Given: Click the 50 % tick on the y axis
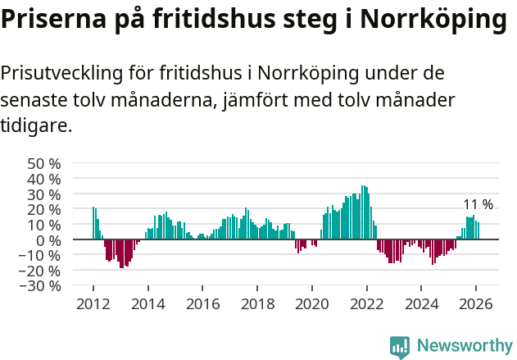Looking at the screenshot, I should tap(45, 163).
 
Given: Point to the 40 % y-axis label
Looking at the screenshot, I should tap(45, 179).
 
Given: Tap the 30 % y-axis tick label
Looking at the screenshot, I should tap(45, 194).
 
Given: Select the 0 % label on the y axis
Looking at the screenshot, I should tap(50, 240).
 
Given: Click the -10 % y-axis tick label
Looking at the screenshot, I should tap(42, 255).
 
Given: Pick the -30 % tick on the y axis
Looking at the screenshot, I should tap(42, 286).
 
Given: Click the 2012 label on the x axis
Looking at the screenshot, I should tap(93, 303).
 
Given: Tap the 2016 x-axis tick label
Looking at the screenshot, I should tap(202, 303).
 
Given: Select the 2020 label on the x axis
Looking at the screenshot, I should tap(312, 303).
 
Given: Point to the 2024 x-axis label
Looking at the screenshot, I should tap(421, 303).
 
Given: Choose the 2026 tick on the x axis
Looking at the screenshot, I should tap(476, 303).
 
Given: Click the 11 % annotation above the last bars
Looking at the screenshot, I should tap(478, 204).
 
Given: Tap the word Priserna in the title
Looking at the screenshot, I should tap(52, 20).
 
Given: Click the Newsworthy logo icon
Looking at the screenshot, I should tap(400, 347).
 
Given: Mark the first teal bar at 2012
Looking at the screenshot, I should tap(93, 223).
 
